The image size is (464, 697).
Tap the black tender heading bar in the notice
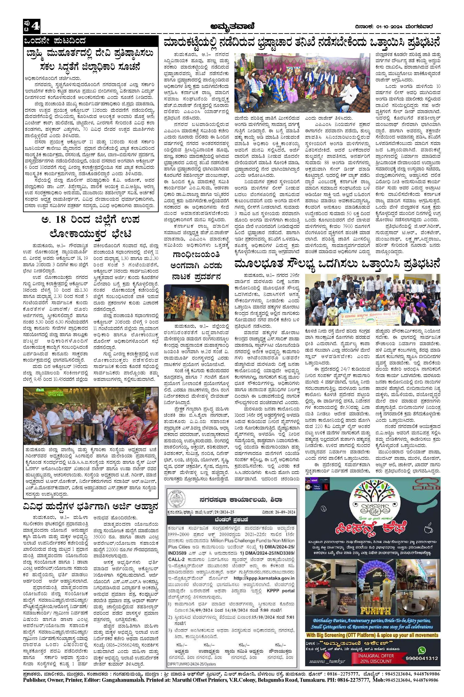coord(231,520)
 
